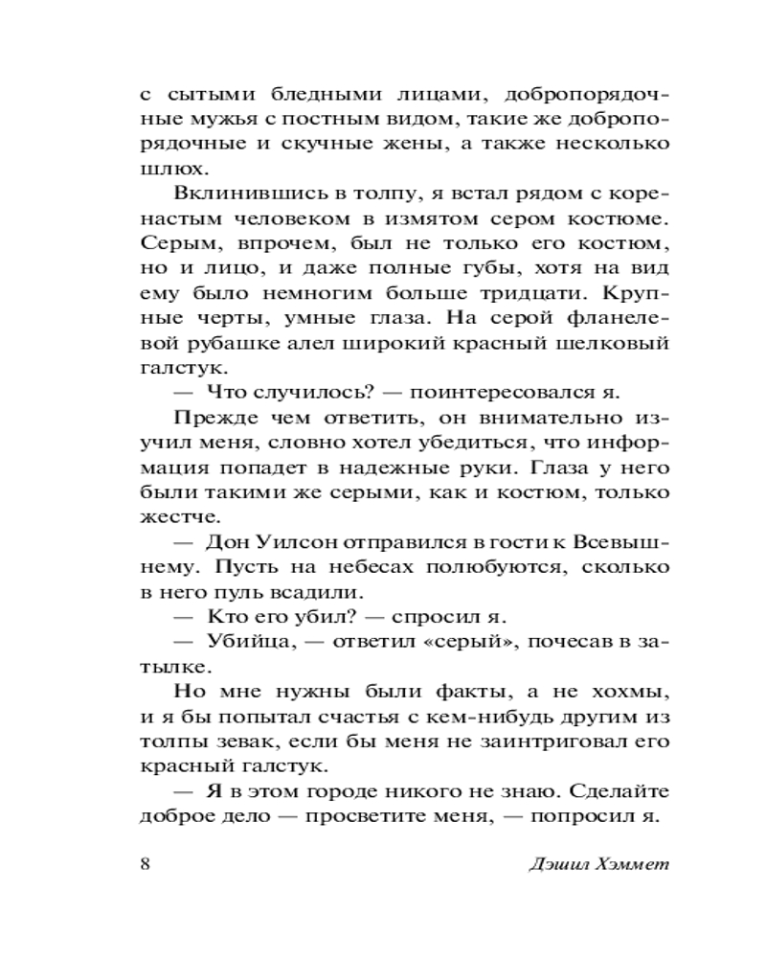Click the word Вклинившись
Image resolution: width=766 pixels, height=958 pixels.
click(235, 194)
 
